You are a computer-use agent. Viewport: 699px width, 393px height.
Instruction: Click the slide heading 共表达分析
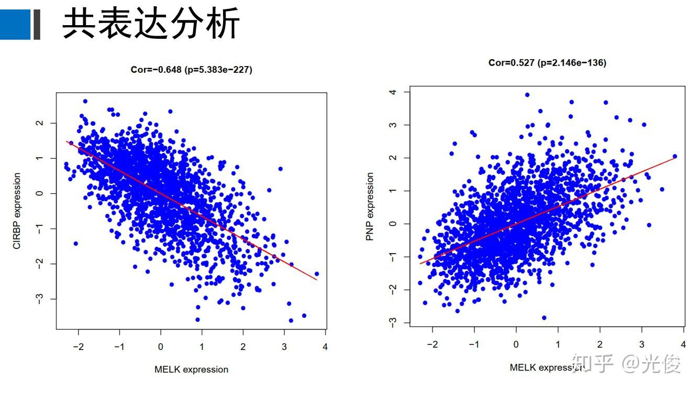[x=151, y=24]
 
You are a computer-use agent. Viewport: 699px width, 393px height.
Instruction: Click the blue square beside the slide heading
[x=15, y=24]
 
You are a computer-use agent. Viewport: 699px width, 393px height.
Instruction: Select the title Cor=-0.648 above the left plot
[x=191, y=69]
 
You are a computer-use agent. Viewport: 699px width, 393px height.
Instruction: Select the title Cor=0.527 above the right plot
[x=547, y=63]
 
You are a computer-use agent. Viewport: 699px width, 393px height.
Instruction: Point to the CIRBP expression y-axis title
[x=17, y=211]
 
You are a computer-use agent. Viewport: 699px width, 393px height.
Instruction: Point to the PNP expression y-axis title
[x=370, y=206]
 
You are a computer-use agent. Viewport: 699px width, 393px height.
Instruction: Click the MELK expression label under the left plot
[x=191, y=369]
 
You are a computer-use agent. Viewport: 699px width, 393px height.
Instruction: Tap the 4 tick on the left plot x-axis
[x=325, y=347]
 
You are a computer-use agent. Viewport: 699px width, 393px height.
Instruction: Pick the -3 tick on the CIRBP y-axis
[x=39, y=299]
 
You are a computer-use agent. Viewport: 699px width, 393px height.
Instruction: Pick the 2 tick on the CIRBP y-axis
[x=39, y=123]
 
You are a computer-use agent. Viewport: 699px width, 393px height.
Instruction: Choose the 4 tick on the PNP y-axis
[x=393, y=92]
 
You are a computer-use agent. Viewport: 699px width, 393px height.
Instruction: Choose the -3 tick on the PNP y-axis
[x=393, y=322]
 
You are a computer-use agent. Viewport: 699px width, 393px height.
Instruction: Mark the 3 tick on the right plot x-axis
[x=641, y=344]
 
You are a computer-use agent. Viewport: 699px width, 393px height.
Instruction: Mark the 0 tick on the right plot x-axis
[x=516, y=344]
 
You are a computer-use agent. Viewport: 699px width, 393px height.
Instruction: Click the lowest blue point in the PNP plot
[x=544, y=318]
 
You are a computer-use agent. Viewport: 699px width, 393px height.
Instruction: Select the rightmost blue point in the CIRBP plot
[x=316, y=274]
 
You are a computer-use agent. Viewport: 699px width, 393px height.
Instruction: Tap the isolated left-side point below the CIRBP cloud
[x=75, y=243]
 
